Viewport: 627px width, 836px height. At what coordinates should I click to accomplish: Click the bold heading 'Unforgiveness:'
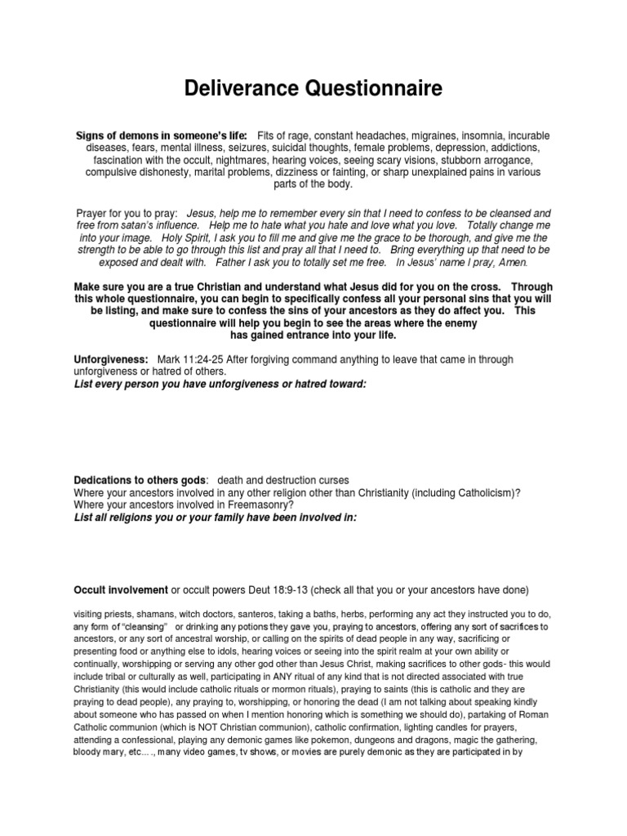[111, 360]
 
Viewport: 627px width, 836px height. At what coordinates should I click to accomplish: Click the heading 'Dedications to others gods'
[140, 479]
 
